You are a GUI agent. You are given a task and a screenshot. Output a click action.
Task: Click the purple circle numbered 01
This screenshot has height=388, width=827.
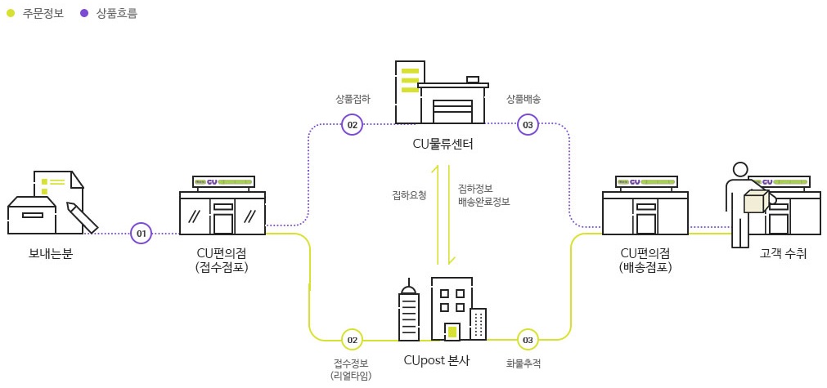[142, 234]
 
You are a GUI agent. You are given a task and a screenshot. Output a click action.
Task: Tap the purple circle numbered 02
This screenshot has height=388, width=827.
[352, 125]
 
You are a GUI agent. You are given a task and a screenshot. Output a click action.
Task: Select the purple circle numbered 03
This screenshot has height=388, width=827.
[528, 125]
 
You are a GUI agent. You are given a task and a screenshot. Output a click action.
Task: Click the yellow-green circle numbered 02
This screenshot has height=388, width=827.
[352, 340]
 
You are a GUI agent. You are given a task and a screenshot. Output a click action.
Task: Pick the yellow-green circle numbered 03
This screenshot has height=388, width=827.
[528, 340]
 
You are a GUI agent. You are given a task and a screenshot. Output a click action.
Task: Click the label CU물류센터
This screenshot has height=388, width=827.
[443, 145]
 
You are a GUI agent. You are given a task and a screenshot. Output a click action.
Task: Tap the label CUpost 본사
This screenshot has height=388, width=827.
[437, 360]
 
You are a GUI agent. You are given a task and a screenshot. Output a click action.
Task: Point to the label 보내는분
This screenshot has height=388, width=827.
[51, 253]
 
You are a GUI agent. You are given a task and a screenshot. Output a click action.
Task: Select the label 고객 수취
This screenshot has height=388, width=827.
[783, 253]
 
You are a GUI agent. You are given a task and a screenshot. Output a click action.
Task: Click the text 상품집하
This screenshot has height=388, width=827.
[353, 99]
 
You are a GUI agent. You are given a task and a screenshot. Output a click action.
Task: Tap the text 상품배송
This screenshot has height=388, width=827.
[524, 99]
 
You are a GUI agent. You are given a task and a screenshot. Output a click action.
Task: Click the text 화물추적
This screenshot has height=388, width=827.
[524, 363]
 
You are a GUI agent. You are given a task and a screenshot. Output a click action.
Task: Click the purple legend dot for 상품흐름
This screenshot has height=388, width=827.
[84, 13]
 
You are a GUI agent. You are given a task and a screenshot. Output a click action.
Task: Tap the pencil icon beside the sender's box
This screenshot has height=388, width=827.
[83, 216]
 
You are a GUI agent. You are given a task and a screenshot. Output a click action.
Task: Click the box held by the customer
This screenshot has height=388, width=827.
[755, 202]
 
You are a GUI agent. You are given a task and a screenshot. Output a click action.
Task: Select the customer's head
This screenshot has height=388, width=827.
[740, 170]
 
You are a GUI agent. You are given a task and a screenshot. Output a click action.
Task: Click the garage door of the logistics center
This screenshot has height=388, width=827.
[452, 111]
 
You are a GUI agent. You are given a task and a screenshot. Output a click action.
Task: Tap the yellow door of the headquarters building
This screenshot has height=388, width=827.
[452, 332]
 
